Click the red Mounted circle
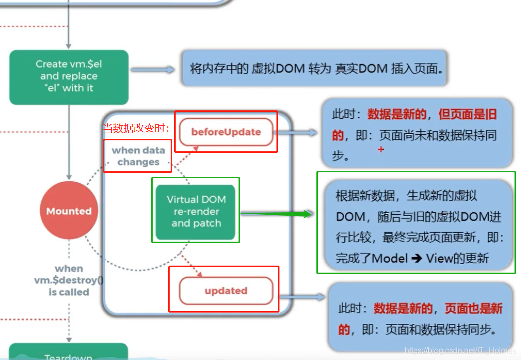[69, 211]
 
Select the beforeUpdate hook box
[226, 132]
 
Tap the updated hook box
[226, 291]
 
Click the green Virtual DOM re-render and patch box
[196, 212]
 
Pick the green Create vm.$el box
[69, 76]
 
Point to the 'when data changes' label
[138, 156]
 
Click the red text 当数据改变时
[136, 128]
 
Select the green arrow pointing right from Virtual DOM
[277, 214]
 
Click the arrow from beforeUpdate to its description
[296, 133]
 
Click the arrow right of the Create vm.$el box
[153, 70]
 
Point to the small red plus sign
[381, 149]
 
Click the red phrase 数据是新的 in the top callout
[397, 115]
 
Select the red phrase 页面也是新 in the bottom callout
[473, 309]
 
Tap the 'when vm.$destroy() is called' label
[69, 281]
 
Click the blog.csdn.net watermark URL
[460, 351]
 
